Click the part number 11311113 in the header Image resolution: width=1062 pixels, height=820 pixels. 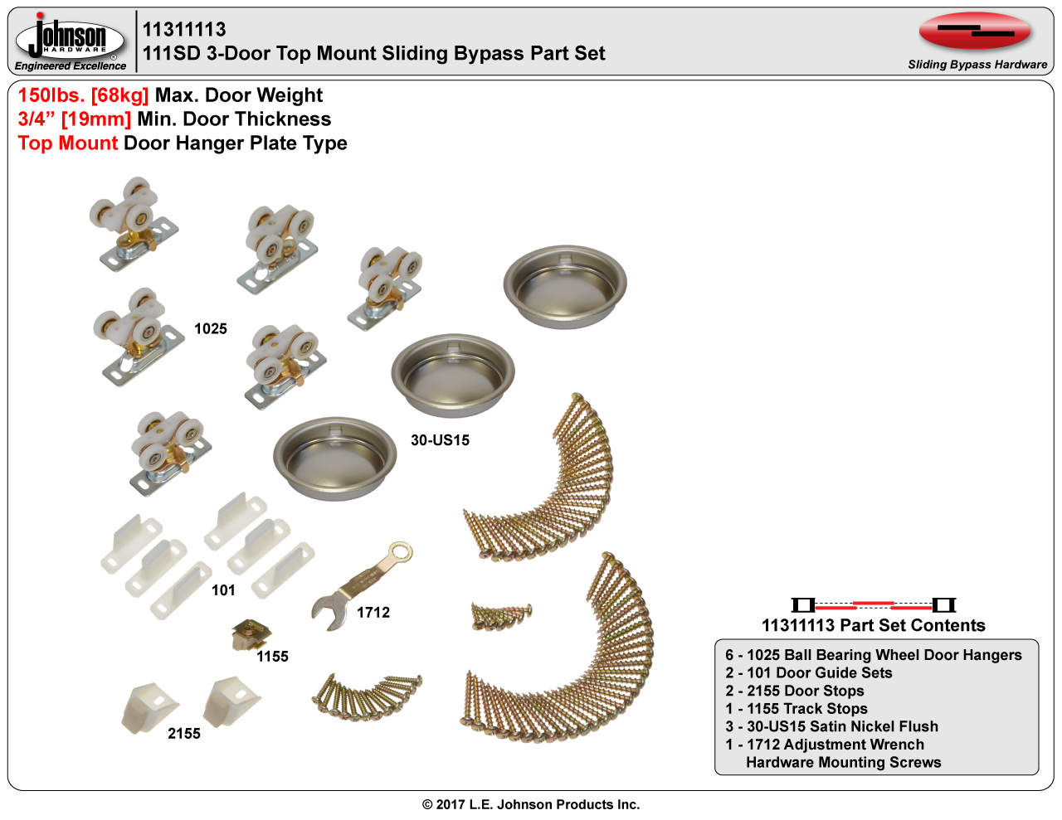(x=184, y=30)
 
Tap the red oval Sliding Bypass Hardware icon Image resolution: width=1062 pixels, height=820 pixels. (x=975, y=31)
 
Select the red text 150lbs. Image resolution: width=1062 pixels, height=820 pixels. (x=51, y=95)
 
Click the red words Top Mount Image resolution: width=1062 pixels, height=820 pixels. (x=68, y=143)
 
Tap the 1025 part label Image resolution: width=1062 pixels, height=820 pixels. (x=211, y=328)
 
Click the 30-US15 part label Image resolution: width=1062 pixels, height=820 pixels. (x=440, y=440)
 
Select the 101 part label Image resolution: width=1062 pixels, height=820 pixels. (x=223, y=590)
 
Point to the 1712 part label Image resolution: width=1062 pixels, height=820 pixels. (x=373, y=613)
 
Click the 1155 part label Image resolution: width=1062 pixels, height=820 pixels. (x=273, y=657)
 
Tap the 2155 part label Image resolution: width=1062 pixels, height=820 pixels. (x=184, y=734)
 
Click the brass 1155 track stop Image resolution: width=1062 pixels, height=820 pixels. (x=251, y=634)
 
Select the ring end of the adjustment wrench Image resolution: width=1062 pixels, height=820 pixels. (x=400, y=553)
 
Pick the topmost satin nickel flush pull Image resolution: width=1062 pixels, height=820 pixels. (x=565, y=287)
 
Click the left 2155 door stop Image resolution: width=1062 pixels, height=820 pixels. (x=149, y=708)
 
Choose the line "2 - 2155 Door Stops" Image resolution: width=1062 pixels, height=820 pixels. (x=795, y=691)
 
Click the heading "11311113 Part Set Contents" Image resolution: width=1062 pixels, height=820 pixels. (x=874, y=625)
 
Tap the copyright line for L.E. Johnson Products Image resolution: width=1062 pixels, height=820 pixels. (x=531, y=804)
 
